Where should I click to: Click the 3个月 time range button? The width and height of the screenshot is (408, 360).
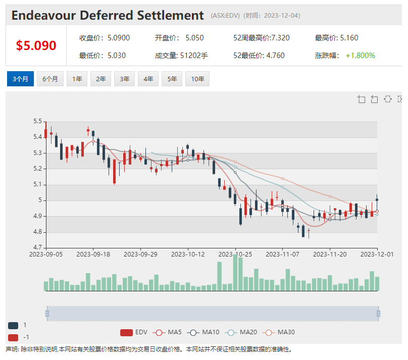point(20,79)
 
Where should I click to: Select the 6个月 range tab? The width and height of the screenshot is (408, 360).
point(50,79)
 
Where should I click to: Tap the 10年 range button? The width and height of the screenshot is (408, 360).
point(197,79)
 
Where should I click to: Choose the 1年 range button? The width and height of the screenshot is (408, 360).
point(77,79)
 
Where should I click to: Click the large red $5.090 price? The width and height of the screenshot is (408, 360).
point(36,45)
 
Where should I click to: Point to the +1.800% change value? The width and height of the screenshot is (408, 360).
point(360,56)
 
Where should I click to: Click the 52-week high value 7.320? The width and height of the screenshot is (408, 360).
point(280,38)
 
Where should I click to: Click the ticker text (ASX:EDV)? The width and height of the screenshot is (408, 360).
point(225,16)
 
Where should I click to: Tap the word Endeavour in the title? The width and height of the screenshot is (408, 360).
point(43,15)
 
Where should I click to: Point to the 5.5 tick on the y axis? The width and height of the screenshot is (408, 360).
point(37,121)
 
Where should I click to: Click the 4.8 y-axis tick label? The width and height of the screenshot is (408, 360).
point(37,232)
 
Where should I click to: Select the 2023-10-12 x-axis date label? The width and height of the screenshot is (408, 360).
point(188,254)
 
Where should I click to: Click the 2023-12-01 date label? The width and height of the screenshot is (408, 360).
point(377,254)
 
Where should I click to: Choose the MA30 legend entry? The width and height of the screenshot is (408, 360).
point(279,332)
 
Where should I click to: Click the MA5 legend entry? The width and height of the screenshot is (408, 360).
point(167,332)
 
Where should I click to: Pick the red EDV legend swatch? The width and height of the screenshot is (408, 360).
point(126,332)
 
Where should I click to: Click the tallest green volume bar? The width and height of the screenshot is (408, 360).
point(235,272)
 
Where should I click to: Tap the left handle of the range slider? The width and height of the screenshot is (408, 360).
point(47,314)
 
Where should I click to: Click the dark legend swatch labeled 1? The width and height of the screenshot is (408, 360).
point(13,325)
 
